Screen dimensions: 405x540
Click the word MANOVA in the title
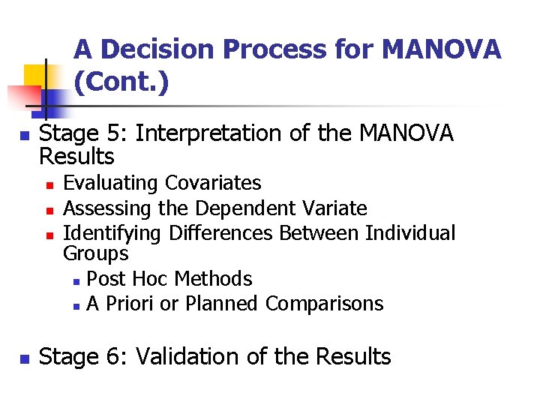441,49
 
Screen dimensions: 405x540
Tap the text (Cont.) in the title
121,82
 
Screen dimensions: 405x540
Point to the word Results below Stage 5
76,157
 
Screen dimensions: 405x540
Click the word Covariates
213,183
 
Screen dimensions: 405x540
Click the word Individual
410,233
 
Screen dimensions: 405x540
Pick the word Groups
96,253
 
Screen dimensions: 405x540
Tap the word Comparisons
325,304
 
